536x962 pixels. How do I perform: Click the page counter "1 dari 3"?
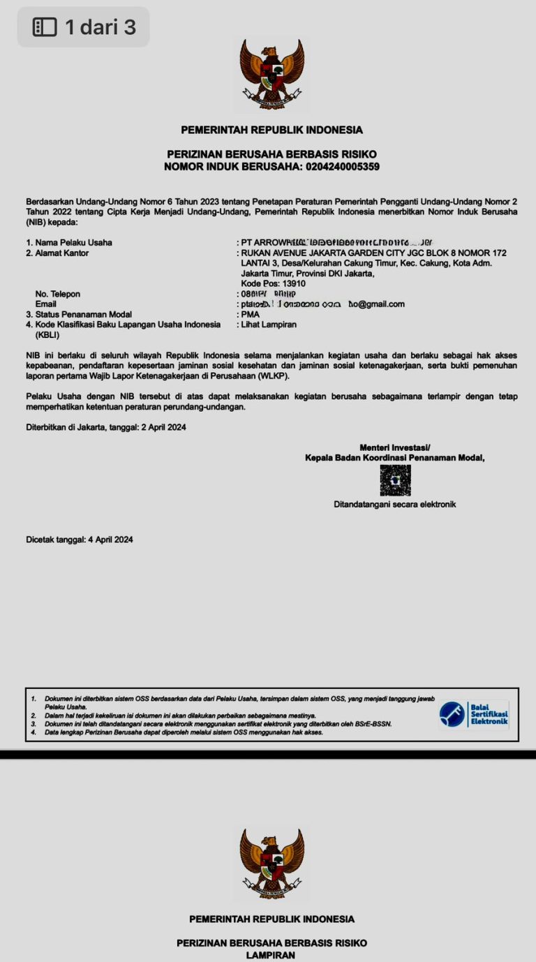coord(100,27)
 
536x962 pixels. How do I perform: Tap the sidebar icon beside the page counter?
coord(45,27)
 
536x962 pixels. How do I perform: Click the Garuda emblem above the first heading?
coord(271,74)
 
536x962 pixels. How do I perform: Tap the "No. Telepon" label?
coord(58,294)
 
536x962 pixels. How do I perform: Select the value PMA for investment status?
coord(250,314)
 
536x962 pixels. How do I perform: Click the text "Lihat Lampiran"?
coord(269,325)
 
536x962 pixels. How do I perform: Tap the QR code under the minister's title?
coord(395,480)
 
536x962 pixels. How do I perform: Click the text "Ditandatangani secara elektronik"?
coord(394,504)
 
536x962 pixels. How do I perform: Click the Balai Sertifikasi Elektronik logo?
coord(473,714)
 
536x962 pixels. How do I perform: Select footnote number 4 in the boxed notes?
coord(33,732)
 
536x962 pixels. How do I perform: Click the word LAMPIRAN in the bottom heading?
coord(271,955)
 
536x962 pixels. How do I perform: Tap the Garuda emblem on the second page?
coord(271,864)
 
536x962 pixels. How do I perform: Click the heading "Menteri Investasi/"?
coord(395,447)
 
